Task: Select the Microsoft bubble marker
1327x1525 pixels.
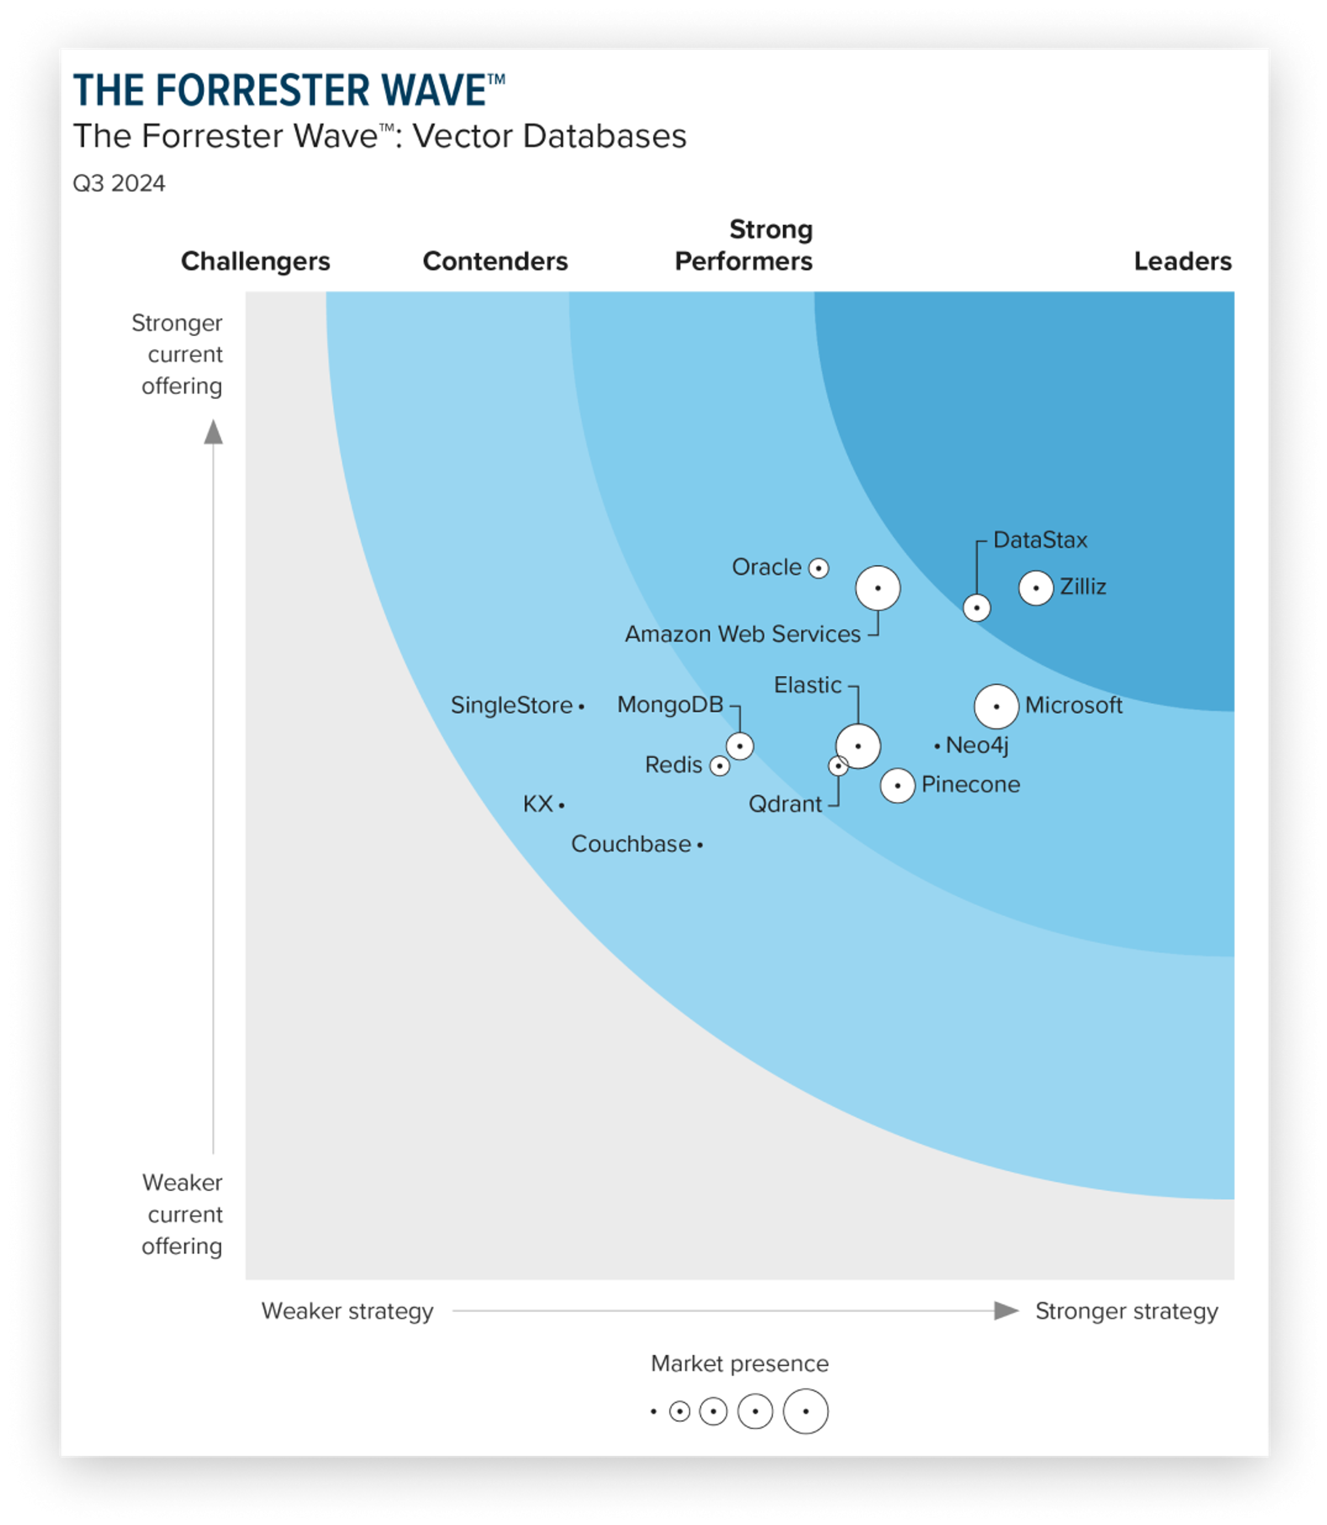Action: pyautogui.click(x=996, y=706)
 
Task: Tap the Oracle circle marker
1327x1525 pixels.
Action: pyautogui.click(x=818, y=568)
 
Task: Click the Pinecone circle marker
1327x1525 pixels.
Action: pyautogui.click(x=897, y=785)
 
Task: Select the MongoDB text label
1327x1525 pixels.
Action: pyautogui.click(x=670, y=705)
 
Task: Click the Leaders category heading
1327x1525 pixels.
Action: pyautogui.click(x=1183, y=261)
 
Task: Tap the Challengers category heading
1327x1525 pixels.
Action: pyautogui.click(x=255, y=261)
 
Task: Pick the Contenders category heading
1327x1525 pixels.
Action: pyautogui.click(x=495, y=261)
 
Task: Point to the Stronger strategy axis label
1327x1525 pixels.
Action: pyautogui.click(x=1126, y=1311)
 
